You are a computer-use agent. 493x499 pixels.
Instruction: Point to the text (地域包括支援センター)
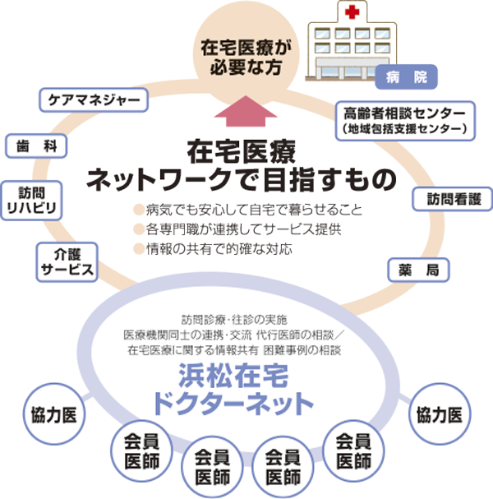click(x=405, y=129)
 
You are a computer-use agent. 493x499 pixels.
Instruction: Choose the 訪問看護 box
click(x=450, y=199)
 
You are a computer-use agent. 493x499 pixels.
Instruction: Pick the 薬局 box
click(x=415, y=269)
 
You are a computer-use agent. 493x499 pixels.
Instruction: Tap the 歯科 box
click(x=35, y=146)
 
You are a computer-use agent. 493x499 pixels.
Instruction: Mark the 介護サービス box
click(x=64, y=261)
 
